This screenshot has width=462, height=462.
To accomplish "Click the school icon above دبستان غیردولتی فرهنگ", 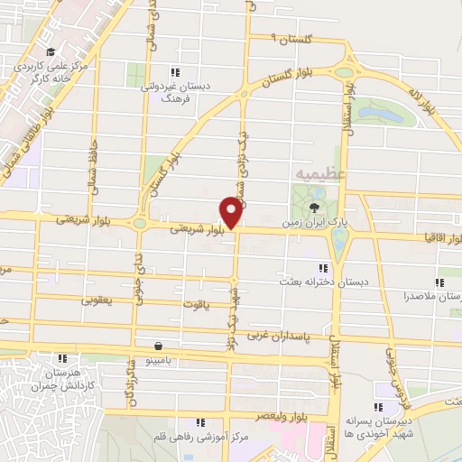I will [177, 72].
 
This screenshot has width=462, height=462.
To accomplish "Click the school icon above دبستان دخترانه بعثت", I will [324, 267].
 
